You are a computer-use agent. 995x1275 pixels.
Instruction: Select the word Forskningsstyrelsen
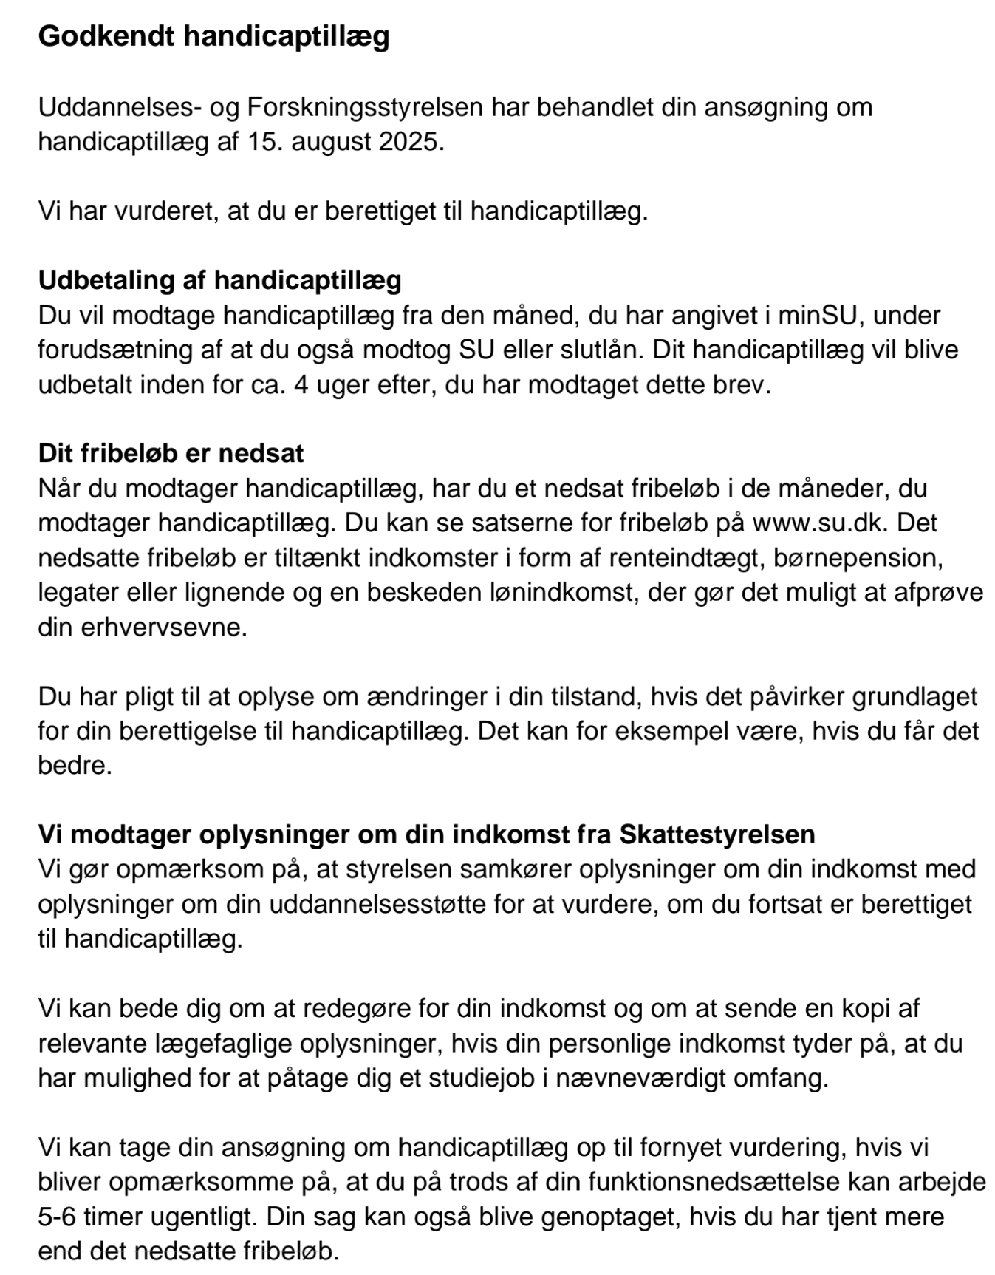tap(365, 107)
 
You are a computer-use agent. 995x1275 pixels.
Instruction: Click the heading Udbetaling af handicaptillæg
tap(219, 280)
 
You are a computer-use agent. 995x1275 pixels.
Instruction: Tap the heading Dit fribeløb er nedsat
tap(171, 453)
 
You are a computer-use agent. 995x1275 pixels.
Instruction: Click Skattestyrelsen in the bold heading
tap(717, 834)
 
